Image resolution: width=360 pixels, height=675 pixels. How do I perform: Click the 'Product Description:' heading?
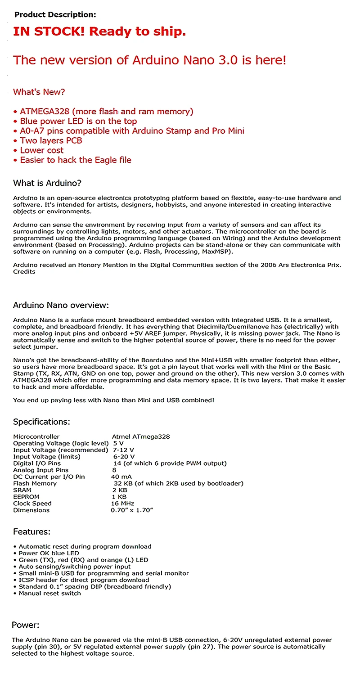point(55,15)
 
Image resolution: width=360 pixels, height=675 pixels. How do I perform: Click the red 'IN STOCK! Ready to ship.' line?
point(99,32)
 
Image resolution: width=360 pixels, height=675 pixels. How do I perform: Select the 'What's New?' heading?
point(39,92)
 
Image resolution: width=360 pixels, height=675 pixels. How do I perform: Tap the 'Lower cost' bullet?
point(41,150)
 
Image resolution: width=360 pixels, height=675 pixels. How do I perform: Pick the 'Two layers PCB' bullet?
point(51,140)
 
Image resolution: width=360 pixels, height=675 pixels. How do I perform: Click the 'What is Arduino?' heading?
point(47,183)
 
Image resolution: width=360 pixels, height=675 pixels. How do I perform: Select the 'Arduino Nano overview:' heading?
point(61,306)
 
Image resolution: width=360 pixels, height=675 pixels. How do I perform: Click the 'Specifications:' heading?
point(42,422)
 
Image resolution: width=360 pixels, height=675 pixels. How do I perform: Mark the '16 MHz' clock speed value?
point(122,504)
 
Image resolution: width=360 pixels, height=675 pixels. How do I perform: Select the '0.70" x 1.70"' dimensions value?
point(132,510)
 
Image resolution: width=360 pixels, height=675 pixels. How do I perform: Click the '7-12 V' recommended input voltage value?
point(123,450)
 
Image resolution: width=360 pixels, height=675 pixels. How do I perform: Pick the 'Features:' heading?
point(31,532)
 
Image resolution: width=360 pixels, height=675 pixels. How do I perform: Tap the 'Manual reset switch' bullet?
point(50,594)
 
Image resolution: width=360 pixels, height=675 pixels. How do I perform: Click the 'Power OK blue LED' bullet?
point(49,553)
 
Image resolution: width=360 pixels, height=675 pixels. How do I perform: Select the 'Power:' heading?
point(26,625)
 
